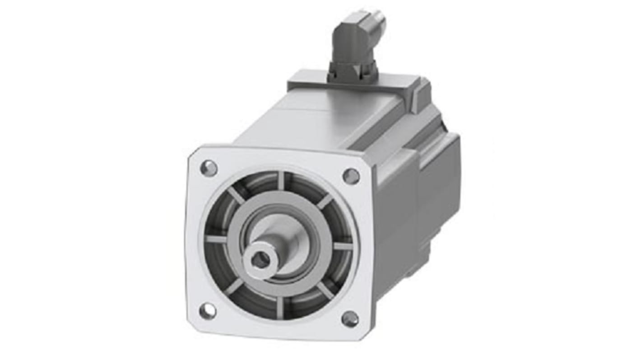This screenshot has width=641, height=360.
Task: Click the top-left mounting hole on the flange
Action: click(208, 168)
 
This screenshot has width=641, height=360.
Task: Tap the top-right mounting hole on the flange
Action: click(351, 176)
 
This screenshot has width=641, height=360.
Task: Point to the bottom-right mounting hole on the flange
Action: click(350, 319)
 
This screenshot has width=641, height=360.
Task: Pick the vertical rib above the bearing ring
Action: click(281, 180)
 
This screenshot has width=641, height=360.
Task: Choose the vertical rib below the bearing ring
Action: click(280, 307)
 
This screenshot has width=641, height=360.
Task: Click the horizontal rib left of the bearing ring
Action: click(216, 239)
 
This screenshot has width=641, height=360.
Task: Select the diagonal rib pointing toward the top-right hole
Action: click(325, 200)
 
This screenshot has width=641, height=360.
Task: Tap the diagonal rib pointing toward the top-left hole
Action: click(235, 195)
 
